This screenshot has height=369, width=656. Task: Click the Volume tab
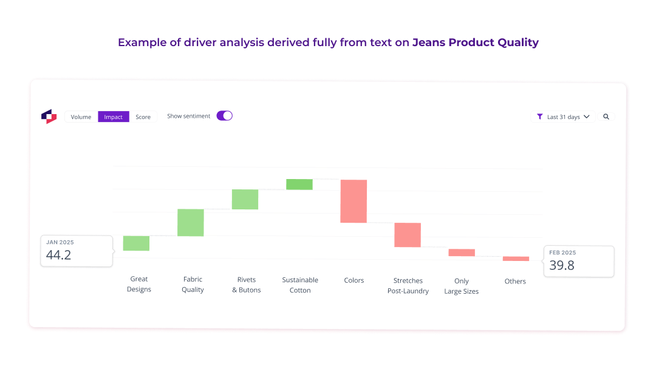coord(81,117)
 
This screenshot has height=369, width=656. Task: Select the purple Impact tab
coord(114,117)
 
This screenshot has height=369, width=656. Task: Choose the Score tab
coord(143,117)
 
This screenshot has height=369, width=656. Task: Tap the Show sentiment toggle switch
coord(224,116)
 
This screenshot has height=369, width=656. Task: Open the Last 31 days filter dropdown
coord(563,117)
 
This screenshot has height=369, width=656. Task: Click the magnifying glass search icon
coord(606,117)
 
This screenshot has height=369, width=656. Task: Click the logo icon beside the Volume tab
coord(49,117)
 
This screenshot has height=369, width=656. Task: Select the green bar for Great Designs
coord(136,243)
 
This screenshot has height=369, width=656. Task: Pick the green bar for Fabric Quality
coord(191,223)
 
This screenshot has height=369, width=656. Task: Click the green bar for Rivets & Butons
coord(245,200)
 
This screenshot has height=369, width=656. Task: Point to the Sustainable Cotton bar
coord(299,184)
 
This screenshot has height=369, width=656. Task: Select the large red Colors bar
coord(354,201)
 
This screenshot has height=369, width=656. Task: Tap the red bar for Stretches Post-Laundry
coord(408,235)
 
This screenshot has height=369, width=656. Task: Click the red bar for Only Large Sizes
coord(462,252)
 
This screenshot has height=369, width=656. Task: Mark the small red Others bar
coord(516,259)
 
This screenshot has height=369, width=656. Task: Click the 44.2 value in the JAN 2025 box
coord(59,255)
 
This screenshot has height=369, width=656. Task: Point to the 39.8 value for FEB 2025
coord(562,265)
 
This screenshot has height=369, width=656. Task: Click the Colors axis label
coord(354,280)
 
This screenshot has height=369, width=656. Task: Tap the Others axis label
coord(515,281)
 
